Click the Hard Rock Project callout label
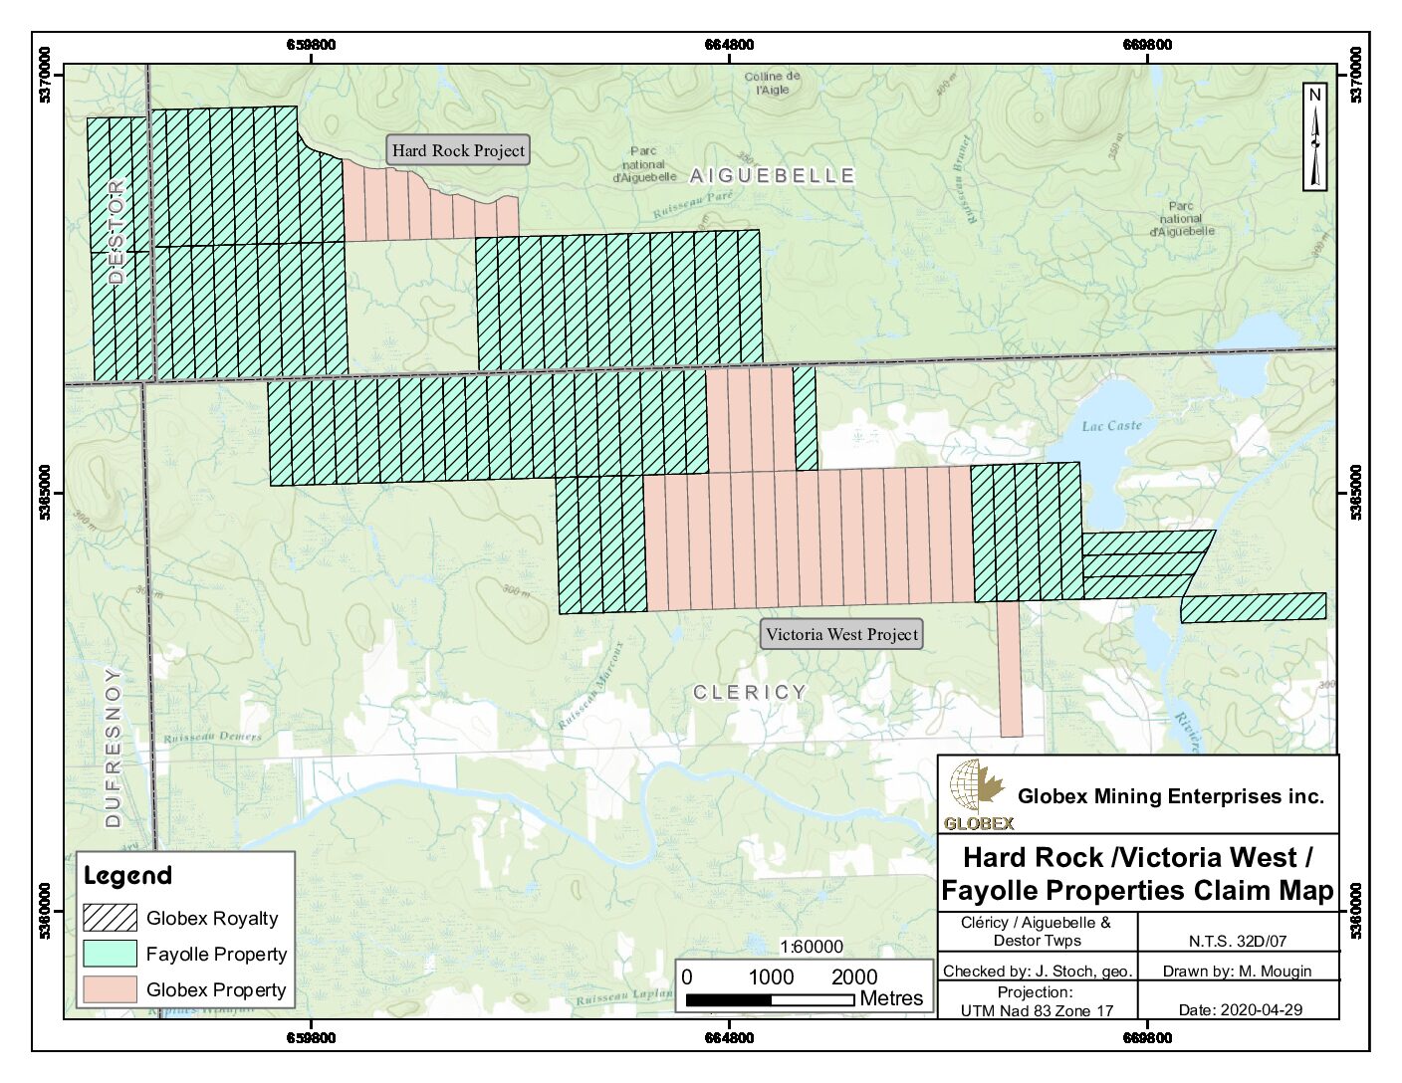458,150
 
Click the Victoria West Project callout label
841,634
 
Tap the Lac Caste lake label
1111,426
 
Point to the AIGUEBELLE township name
773,176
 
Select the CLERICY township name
749,692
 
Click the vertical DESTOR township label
117,232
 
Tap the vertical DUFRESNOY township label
113,747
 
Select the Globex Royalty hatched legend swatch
110,918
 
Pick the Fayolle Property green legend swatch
110,954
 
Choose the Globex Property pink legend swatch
110,989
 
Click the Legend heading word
127,876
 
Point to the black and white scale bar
770,999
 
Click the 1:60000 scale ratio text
811,947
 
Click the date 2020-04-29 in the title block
1240,1009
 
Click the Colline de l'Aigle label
772,83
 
